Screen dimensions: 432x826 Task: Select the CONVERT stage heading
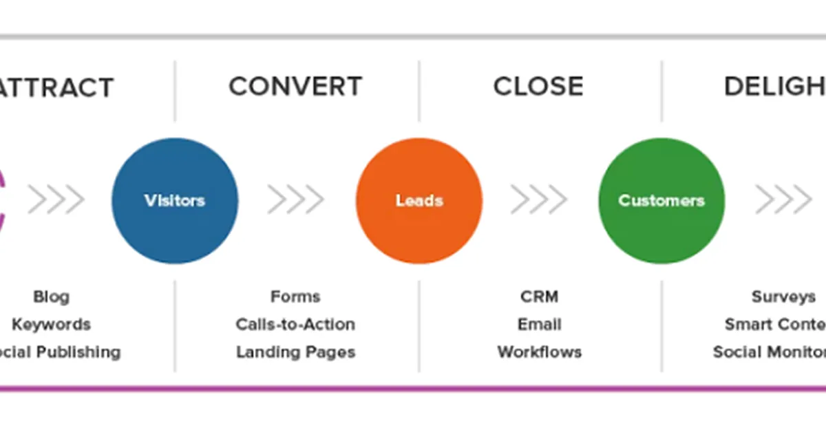(x=295, y=87)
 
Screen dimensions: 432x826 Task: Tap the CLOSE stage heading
(x=538, y=87)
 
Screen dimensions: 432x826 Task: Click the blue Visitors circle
(x=175, y=200)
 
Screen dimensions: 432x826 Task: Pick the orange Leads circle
(x=419, y=200)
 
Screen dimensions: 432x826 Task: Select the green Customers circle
(x=661, y=200)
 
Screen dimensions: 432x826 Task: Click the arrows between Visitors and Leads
(x=295, y=200)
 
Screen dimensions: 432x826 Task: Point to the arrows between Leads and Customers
(x=538, y=200)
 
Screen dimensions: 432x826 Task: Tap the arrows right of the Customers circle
(x=783, y=200)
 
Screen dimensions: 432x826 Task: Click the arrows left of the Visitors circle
(x=56, y=200)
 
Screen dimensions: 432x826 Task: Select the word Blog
(x=52, y=297)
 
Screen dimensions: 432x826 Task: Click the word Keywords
(x=52, y=325)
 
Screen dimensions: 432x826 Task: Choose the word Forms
(x=295, y=297)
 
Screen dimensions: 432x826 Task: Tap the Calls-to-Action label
(x=295, y=325)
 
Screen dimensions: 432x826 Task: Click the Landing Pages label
(x=295, y=352)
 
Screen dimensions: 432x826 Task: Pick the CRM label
(x=539, y=297)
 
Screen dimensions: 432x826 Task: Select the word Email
(x=539, y=325)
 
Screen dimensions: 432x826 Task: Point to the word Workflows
(x=539, y=352)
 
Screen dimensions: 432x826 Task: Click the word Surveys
(x=783, y=297)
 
